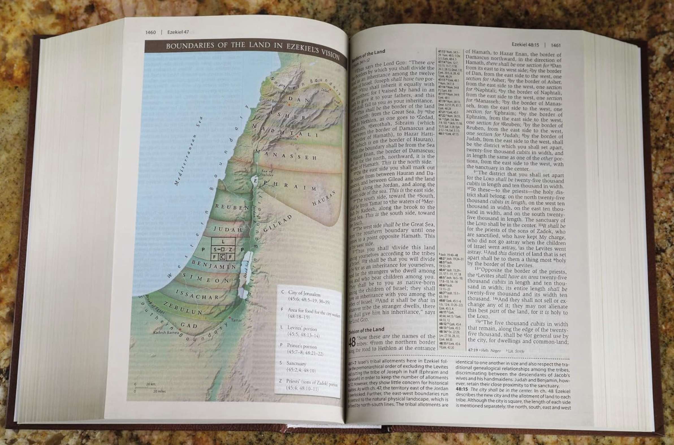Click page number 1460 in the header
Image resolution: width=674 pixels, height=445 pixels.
150,32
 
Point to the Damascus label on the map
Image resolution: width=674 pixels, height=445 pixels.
288,138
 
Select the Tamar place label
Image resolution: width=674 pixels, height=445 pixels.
236,320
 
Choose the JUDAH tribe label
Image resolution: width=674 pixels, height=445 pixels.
228,229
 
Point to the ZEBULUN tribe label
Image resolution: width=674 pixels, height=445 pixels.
183,308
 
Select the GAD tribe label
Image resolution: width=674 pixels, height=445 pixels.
189,325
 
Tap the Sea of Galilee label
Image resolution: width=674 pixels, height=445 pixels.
267,173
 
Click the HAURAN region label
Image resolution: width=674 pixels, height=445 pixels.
324,198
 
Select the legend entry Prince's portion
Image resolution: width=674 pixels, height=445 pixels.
302,346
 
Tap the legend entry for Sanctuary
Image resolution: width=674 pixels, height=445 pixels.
296,363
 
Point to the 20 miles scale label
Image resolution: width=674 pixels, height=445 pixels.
159,391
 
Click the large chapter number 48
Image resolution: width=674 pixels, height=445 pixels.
353,342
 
